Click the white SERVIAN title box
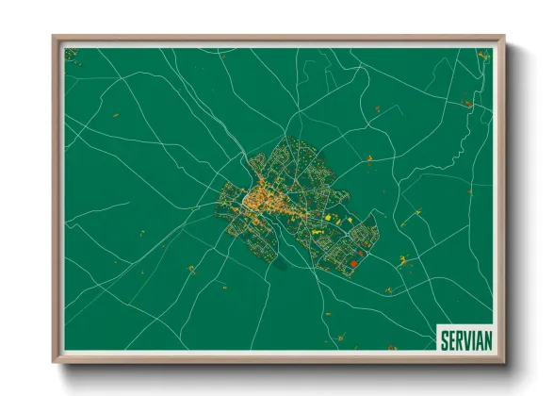(464, 338)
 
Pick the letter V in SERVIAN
(467, 338)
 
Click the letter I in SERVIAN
(473, 338)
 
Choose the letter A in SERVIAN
(479, 338)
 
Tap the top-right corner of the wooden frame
(503, 38)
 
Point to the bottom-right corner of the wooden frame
(503, 361)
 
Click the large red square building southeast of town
(353, 263)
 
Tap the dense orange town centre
(256, 200)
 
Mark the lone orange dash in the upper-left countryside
(116, 115)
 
